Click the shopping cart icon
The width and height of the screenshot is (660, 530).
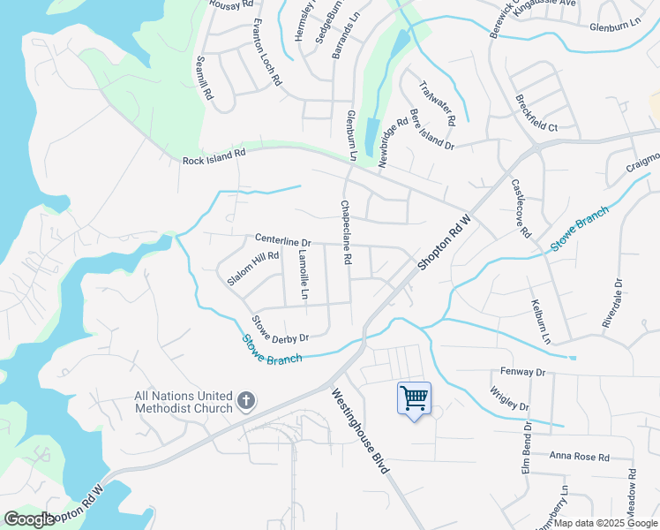(414, 398)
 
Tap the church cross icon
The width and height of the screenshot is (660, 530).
(246, 403)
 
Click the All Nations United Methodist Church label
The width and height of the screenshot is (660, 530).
(183, 403)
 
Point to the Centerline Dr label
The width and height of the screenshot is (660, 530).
(283, 240)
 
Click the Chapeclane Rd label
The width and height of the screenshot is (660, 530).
(346, 233)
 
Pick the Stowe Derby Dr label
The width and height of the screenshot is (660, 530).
(280, 329)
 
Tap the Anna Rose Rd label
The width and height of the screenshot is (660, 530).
(579, 457)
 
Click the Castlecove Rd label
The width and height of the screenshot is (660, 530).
(521, 208)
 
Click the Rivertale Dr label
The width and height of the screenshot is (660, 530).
(612, 304)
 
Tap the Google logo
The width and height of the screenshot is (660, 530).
(30, 519)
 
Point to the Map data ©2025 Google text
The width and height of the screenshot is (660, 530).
(604, 523)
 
